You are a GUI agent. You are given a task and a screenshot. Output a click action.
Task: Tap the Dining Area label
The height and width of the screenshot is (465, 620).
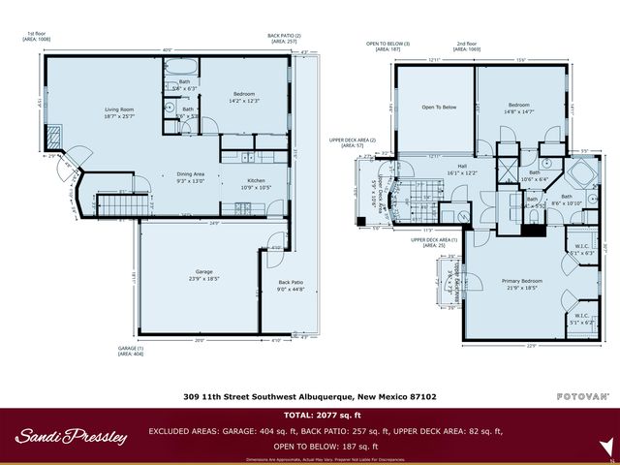pos(190,176)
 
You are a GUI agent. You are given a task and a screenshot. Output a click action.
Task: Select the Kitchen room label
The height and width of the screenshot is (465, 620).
pos(256,182)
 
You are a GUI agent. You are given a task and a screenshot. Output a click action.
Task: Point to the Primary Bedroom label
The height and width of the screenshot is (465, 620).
pos(522,283)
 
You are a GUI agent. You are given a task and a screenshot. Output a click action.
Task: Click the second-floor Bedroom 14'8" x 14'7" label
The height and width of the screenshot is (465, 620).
pos(518,108)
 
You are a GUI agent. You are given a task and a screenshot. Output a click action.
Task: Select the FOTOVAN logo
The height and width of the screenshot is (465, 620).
pos(581,396)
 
